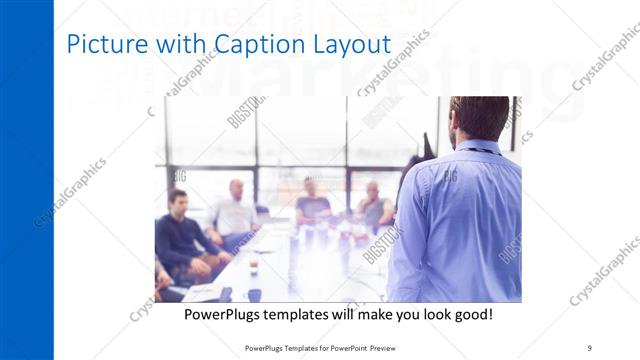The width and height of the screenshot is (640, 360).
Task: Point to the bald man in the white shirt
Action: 235,210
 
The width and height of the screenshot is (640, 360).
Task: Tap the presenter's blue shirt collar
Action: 478,149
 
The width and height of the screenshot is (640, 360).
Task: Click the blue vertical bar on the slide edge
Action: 26,180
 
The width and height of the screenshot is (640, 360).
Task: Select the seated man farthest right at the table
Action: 374,207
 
